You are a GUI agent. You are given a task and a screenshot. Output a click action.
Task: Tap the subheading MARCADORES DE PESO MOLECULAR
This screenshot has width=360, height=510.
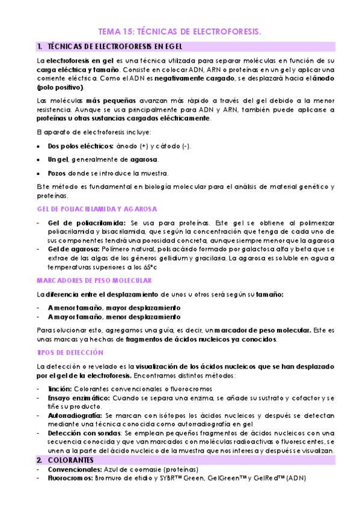point(93,280)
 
